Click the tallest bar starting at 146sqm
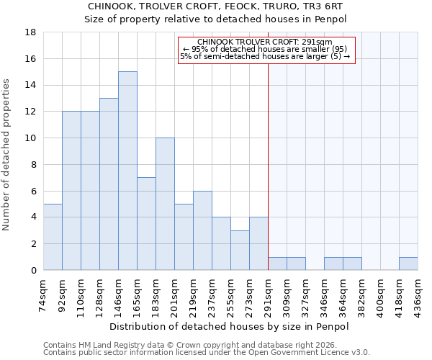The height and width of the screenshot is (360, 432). (127, 171)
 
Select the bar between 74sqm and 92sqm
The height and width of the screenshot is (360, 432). (53, 237)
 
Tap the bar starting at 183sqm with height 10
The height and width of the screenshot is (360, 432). (165, 204)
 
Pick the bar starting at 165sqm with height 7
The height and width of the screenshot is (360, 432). (146, 224)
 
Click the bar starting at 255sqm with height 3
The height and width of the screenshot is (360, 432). (240, 250)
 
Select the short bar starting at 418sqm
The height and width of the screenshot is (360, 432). (408, 264)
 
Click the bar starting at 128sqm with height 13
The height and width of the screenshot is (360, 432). (109, 184)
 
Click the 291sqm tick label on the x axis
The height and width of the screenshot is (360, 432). (269, 294)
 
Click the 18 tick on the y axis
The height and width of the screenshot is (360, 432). (30, 32)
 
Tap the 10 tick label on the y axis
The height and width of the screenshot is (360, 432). (30, 138)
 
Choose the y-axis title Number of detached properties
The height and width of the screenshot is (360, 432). (7, 151)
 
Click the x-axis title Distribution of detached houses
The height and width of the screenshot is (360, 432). (230, 326)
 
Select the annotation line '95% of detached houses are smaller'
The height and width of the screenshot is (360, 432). (265, 49)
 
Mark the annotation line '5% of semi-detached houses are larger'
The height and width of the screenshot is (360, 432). (265, 56)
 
